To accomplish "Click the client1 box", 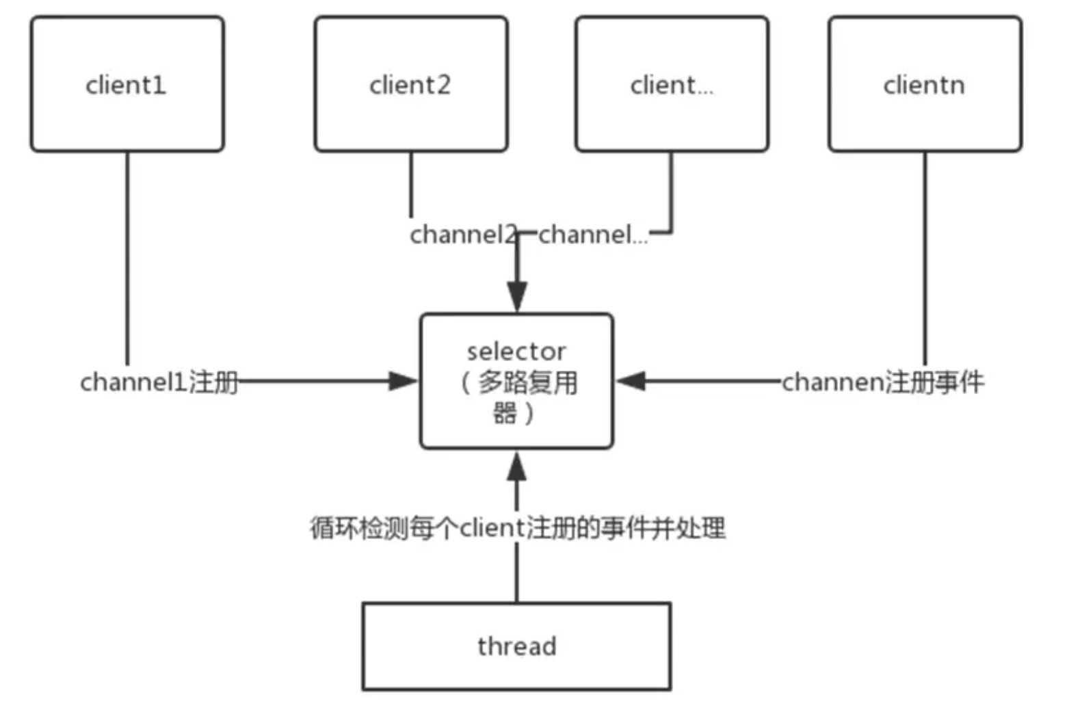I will (127, 84).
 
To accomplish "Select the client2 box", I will (410, 84).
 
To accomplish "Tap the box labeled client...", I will (672, 84).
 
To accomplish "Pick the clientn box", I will (925, 84).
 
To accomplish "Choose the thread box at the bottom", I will (516, 646).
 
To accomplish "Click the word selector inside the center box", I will (516, 352).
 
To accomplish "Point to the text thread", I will (516, 646).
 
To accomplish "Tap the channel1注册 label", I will (159, 382).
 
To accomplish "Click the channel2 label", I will (462, 235).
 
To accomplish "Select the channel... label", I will (592, 235).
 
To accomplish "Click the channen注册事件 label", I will (882, 382).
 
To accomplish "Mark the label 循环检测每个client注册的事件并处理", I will (517, 528).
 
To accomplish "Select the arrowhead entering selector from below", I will (517, 466).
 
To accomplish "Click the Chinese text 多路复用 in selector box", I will (527, 382).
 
